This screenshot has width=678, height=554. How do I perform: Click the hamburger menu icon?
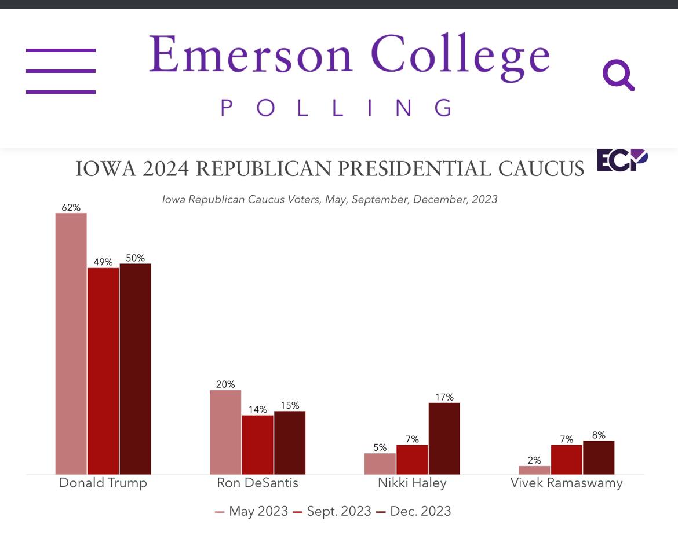coord(61,71)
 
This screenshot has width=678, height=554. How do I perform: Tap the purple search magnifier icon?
coord(618,76)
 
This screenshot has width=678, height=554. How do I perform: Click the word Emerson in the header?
coord(250,56)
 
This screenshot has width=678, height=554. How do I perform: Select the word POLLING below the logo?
coord(336,108)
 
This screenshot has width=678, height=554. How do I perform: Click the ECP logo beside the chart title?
coord(622,161)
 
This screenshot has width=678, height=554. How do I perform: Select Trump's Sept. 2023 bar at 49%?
coord(103,370)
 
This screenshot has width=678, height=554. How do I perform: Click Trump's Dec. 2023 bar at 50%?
coord(135,369)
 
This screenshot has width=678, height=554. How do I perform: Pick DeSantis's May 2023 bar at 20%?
coord(225,432)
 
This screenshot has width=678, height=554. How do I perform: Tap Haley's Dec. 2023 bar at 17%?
coord(444,438)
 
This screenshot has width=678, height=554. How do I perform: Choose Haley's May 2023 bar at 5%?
coord(380,464)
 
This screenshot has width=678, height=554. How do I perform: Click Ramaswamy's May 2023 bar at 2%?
coord(535,470)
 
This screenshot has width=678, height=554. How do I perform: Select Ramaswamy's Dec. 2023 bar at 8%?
coord(599,457)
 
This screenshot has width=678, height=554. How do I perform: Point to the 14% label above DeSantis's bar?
coord(258,409)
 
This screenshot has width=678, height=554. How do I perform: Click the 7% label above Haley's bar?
coord(412,439)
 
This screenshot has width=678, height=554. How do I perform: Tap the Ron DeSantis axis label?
coord(257,483)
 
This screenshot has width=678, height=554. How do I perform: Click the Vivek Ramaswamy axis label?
coord(566,483)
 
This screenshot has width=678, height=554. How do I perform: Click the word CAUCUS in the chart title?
coord(541,169)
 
